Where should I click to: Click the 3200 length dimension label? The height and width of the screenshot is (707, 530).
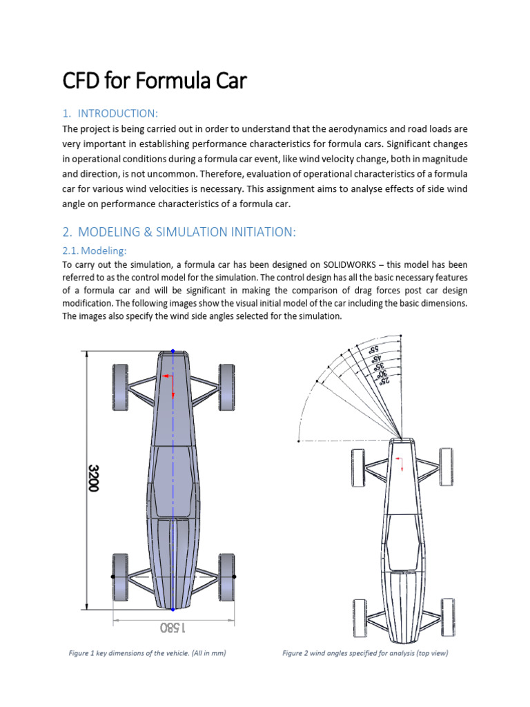pyautogui.click(x=93, y=477)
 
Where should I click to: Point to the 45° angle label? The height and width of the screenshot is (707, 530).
pyautogui.click(x=377, y=360)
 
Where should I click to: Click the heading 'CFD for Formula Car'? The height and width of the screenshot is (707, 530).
pyautogui.click(x=155, y=82)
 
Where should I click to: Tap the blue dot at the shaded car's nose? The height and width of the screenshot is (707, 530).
pyautogui.click(x=173, y=351)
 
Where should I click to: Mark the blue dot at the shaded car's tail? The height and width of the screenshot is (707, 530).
pyautogui.click(x=173, y=610)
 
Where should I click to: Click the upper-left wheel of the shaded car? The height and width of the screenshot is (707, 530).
pyautogui.click(x=120, y=387)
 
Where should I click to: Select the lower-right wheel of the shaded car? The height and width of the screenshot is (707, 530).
pyautogui.click(x=226, y=575)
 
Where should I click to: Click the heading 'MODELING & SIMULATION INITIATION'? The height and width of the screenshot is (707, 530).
pyautogui.click(x=186, y=233)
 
